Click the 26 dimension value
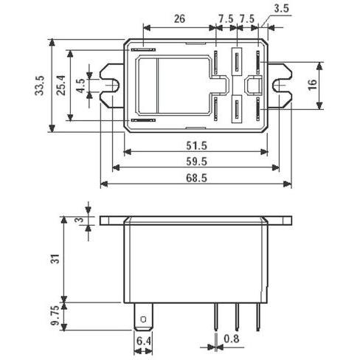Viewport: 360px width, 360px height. click(x=179, y=18)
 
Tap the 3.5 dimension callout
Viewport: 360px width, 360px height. click(x=281, y=9)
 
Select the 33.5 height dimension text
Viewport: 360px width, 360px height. click(x=39, y=86)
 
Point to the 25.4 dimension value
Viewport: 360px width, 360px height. click(x=61, y=85)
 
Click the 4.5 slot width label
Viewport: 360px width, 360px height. click(x=80, y=86)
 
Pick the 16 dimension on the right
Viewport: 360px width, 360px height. click(x=313, y=85)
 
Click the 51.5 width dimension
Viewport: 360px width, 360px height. click(x=196, y=146)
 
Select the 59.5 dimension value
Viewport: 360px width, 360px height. click(x=196, y=162)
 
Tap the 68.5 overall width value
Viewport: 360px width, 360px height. click(x=196, y=178)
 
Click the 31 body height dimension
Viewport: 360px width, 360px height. click(x=56, y=258)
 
